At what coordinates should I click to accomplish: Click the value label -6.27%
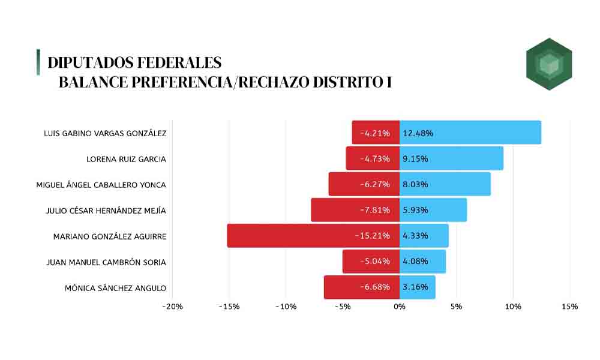tap(375, 184)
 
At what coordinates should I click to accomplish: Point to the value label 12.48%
tap(418, 133)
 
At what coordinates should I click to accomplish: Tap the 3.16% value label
tap(415, 287)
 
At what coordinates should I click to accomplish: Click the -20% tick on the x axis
tap(172, 307)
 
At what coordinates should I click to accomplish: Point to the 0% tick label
tap(400, 307)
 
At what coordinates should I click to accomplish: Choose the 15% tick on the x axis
tap(570, 307)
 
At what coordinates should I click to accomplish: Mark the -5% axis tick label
tap(343, 307)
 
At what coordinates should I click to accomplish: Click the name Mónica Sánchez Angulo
tap(115, 288)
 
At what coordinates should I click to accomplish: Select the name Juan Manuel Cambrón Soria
tap(106, 262)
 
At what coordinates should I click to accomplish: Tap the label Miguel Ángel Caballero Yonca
tap(101, 185)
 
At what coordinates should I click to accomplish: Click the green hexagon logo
tap(548, 64)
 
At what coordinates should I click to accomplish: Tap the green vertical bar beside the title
tap(38, 62)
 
